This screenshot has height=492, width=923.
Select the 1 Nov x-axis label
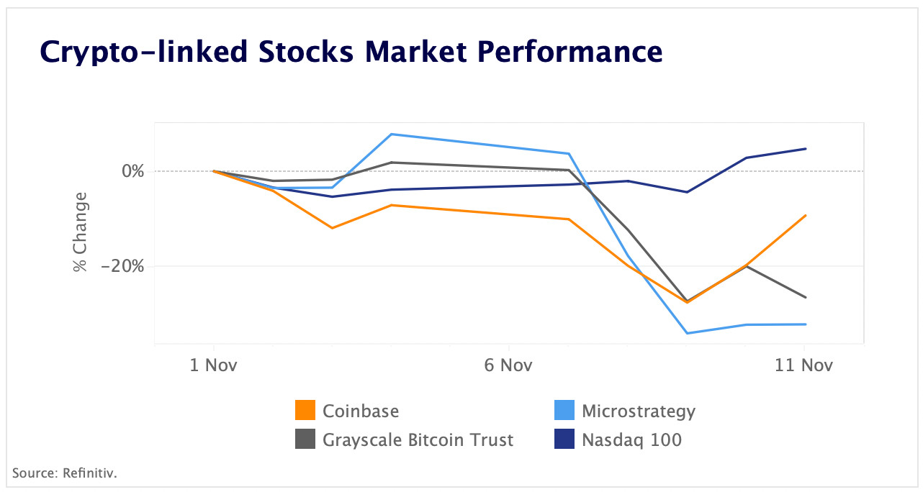click(x=213, y=365)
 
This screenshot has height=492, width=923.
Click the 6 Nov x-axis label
click(x=508, y=365)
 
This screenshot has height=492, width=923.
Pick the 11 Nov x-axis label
click(x=803, y=365)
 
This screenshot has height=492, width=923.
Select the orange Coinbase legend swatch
click(x=306, y=411)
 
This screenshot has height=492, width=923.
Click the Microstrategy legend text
click(x=639, y=411)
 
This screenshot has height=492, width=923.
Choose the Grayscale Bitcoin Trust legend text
click(x=418, y=439)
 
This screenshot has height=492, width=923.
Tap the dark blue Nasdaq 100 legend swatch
click(x=564, y=439)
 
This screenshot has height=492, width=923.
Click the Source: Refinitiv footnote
click(x=64, y=473)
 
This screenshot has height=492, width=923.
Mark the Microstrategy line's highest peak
click(x=391, y=134)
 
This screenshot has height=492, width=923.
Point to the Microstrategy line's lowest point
click(x=687, y=333)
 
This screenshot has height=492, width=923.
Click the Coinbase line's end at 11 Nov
click(x=806, y=215)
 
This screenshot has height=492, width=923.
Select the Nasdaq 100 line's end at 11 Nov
click(x=806, y=149)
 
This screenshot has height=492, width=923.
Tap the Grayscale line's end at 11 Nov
click(x=806, y=297)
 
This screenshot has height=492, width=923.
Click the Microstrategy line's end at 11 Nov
click(x=806, y=324)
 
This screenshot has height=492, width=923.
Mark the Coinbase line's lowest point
click(x=687, y=302)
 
